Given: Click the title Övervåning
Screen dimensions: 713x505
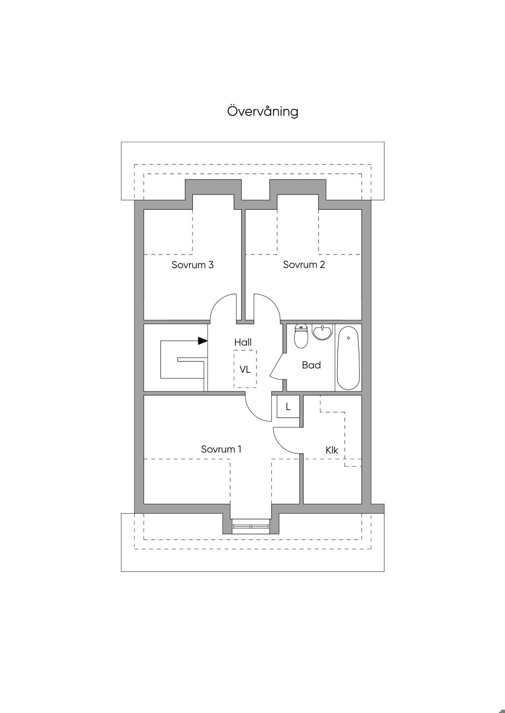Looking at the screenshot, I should tap(262, 111).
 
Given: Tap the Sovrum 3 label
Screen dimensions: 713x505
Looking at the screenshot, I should tap(192, 265).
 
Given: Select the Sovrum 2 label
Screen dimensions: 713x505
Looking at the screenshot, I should tap(304, 265).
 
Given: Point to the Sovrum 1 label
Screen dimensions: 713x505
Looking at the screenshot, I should tap(221, 449).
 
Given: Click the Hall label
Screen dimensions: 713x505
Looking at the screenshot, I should tap(243, 342).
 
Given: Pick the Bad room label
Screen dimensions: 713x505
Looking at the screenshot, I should tap(311, 365).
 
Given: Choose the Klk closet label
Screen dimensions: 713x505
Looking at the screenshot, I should tap(331, 450).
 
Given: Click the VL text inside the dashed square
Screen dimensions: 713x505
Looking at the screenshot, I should tap(245, 369).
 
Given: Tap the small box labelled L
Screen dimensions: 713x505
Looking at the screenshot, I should tap(288, 407).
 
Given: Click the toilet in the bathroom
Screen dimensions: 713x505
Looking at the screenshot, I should tap(301, 336).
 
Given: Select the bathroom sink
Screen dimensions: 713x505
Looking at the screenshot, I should tap(323, 332).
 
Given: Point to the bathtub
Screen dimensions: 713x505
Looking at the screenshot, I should tap(348, 357).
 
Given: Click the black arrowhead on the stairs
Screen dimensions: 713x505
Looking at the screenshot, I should tap(202, 341).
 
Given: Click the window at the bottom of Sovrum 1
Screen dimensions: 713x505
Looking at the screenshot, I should tap(251, 526).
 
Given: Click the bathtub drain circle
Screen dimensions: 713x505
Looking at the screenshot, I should tap(348, 338).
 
